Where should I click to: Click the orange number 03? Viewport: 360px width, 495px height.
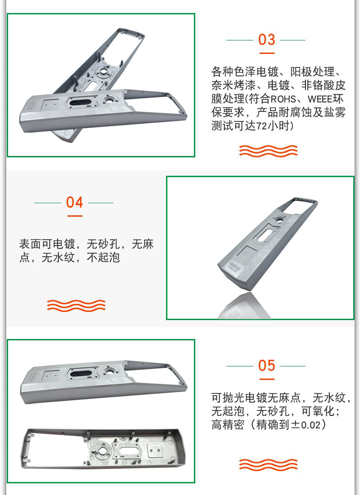click(x=266, y=40)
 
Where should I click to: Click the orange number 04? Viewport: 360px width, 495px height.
click(x=75, y=202)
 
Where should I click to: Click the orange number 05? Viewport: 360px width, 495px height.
click(x=266, y=366)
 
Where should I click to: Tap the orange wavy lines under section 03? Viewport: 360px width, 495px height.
click(x=268, y=151)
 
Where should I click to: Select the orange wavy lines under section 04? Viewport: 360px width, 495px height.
click(x=76, y=305)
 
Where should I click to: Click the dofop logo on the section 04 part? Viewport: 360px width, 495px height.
click(x=234, y=267)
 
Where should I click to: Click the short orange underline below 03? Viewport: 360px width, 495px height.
click(x=267, y=53)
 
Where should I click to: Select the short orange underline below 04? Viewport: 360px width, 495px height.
click(x=75, y=216)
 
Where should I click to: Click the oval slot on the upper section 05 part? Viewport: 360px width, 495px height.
click(x=81, y=374)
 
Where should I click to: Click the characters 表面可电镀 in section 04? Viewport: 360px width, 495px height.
click(x=47, y=244)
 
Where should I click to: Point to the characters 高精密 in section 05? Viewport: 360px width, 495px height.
click(x=228, y=425)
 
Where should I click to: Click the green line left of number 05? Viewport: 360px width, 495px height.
click(x=239, y=366)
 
